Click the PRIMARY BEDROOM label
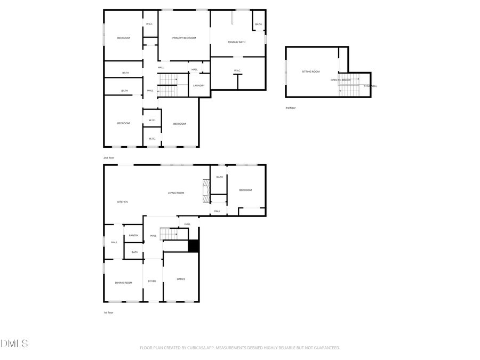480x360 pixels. tap(184, 38)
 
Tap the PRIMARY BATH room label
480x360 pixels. tap(236, 42)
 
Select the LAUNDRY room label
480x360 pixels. tap(199, 85)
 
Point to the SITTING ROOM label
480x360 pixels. tap(311, 71)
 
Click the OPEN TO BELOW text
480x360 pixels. tap(340, 80)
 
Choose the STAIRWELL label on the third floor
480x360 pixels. tap(370, 86)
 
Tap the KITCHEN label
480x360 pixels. tap(123, 202)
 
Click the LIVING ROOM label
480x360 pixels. tap(176, 193)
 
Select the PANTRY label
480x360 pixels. tap(133, 235)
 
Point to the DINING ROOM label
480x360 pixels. tap(124, 282)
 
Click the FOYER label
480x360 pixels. tap(152, 281)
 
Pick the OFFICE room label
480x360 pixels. tap(181, 279)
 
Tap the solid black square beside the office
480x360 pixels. tap(194, 246)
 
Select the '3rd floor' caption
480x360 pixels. tap(290, 108)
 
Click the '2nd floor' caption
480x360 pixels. tap(109, 158)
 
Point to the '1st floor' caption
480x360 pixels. tap(108, 313)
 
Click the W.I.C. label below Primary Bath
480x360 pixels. tap(237, 70)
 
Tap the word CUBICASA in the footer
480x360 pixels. tap(196, 348)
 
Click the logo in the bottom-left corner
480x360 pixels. tap(14, 343)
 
